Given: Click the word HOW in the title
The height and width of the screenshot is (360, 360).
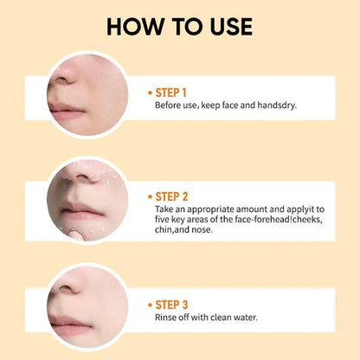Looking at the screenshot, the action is tap(135, 27).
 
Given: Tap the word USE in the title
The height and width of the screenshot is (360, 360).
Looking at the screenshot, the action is tap(231, 27).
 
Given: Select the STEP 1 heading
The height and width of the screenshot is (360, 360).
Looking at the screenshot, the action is tap(170, 93).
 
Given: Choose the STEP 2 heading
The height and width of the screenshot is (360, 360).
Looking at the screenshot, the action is tap(171, 196).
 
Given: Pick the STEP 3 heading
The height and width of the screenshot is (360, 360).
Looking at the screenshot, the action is tap(171, 305).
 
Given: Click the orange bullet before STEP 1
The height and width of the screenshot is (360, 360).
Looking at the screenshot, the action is tap(150, 93).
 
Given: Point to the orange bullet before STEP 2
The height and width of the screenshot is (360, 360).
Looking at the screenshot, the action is tap(150, 197).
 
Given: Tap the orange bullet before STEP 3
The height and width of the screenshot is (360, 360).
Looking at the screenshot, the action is tap(150, 305).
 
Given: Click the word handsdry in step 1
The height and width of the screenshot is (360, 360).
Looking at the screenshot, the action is tap(277, 106).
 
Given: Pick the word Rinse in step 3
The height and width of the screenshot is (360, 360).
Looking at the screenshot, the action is tap(164, 318).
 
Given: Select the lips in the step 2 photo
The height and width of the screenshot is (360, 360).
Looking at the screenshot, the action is tap(82, 211).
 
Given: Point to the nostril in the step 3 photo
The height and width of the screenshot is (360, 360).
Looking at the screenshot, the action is tap(67, 287).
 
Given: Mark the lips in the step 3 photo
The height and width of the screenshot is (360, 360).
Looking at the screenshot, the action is tap(71, 325).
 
